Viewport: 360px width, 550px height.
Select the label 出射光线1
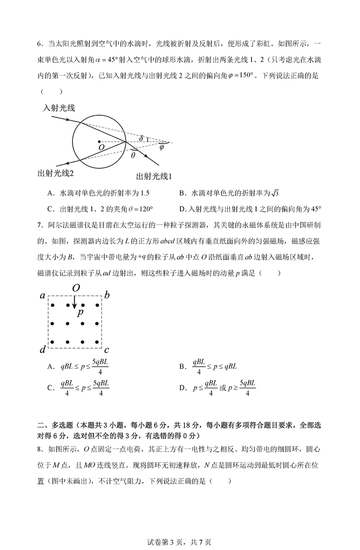point(154,177)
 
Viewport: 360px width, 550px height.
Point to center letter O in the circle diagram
point(101,147)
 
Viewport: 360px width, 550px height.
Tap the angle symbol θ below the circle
point(133,155)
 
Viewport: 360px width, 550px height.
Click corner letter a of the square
point(42,296)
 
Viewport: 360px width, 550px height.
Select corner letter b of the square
point(107,295)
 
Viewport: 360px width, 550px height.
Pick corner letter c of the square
point(107,349)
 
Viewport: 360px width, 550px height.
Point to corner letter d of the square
point(42,350)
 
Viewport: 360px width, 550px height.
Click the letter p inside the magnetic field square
point(80,312)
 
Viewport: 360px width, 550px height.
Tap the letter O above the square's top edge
point(76,288)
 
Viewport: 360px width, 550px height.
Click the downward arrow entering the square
point(74,303)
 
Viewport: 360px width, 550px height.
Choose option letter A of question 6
point(50,193)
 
